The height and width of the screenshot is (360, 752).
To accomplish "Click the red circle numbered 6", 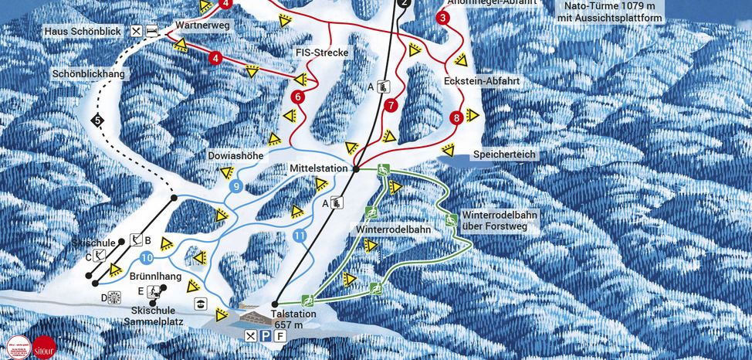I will [x=297, y=97].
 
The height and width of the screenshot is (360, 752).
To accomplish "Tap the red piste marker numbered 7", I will [x=391, y=104].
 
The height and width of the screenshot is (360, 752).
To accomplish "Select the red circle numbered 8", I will [x=456, y=118].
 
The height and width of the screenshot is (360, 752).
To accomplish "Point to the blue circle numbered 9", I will [x=236, y=186].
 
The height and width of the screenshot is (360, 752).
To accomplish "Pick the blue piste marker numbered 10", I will [x=145, y=257].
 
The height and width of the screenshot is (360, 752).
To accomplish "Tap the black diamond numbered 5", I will [x=97, y=120].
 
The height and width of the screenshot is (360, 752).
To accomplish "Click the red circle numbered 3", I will [x=442, y=18].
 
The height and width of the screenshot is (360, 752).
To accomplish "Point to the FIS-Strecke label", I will [x=322, y=53].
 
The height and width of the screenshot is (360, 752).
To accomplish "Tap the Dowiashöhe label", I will [x=236, y=155].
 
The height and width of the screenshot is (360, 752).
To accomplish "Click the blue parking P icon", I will [x=265, y=335].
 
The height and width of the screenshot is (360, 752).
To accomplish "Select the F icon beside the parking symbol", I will [x=279, y=335].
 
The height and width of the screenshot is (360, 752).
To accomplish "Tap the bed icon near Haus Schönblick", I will [x=152, y=31].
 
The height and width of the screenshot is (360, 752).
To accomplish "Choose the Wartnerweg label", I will [x=203, y=25].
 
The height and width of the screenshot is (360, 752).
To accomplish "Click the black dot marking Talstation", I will [x=276, y=304].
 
